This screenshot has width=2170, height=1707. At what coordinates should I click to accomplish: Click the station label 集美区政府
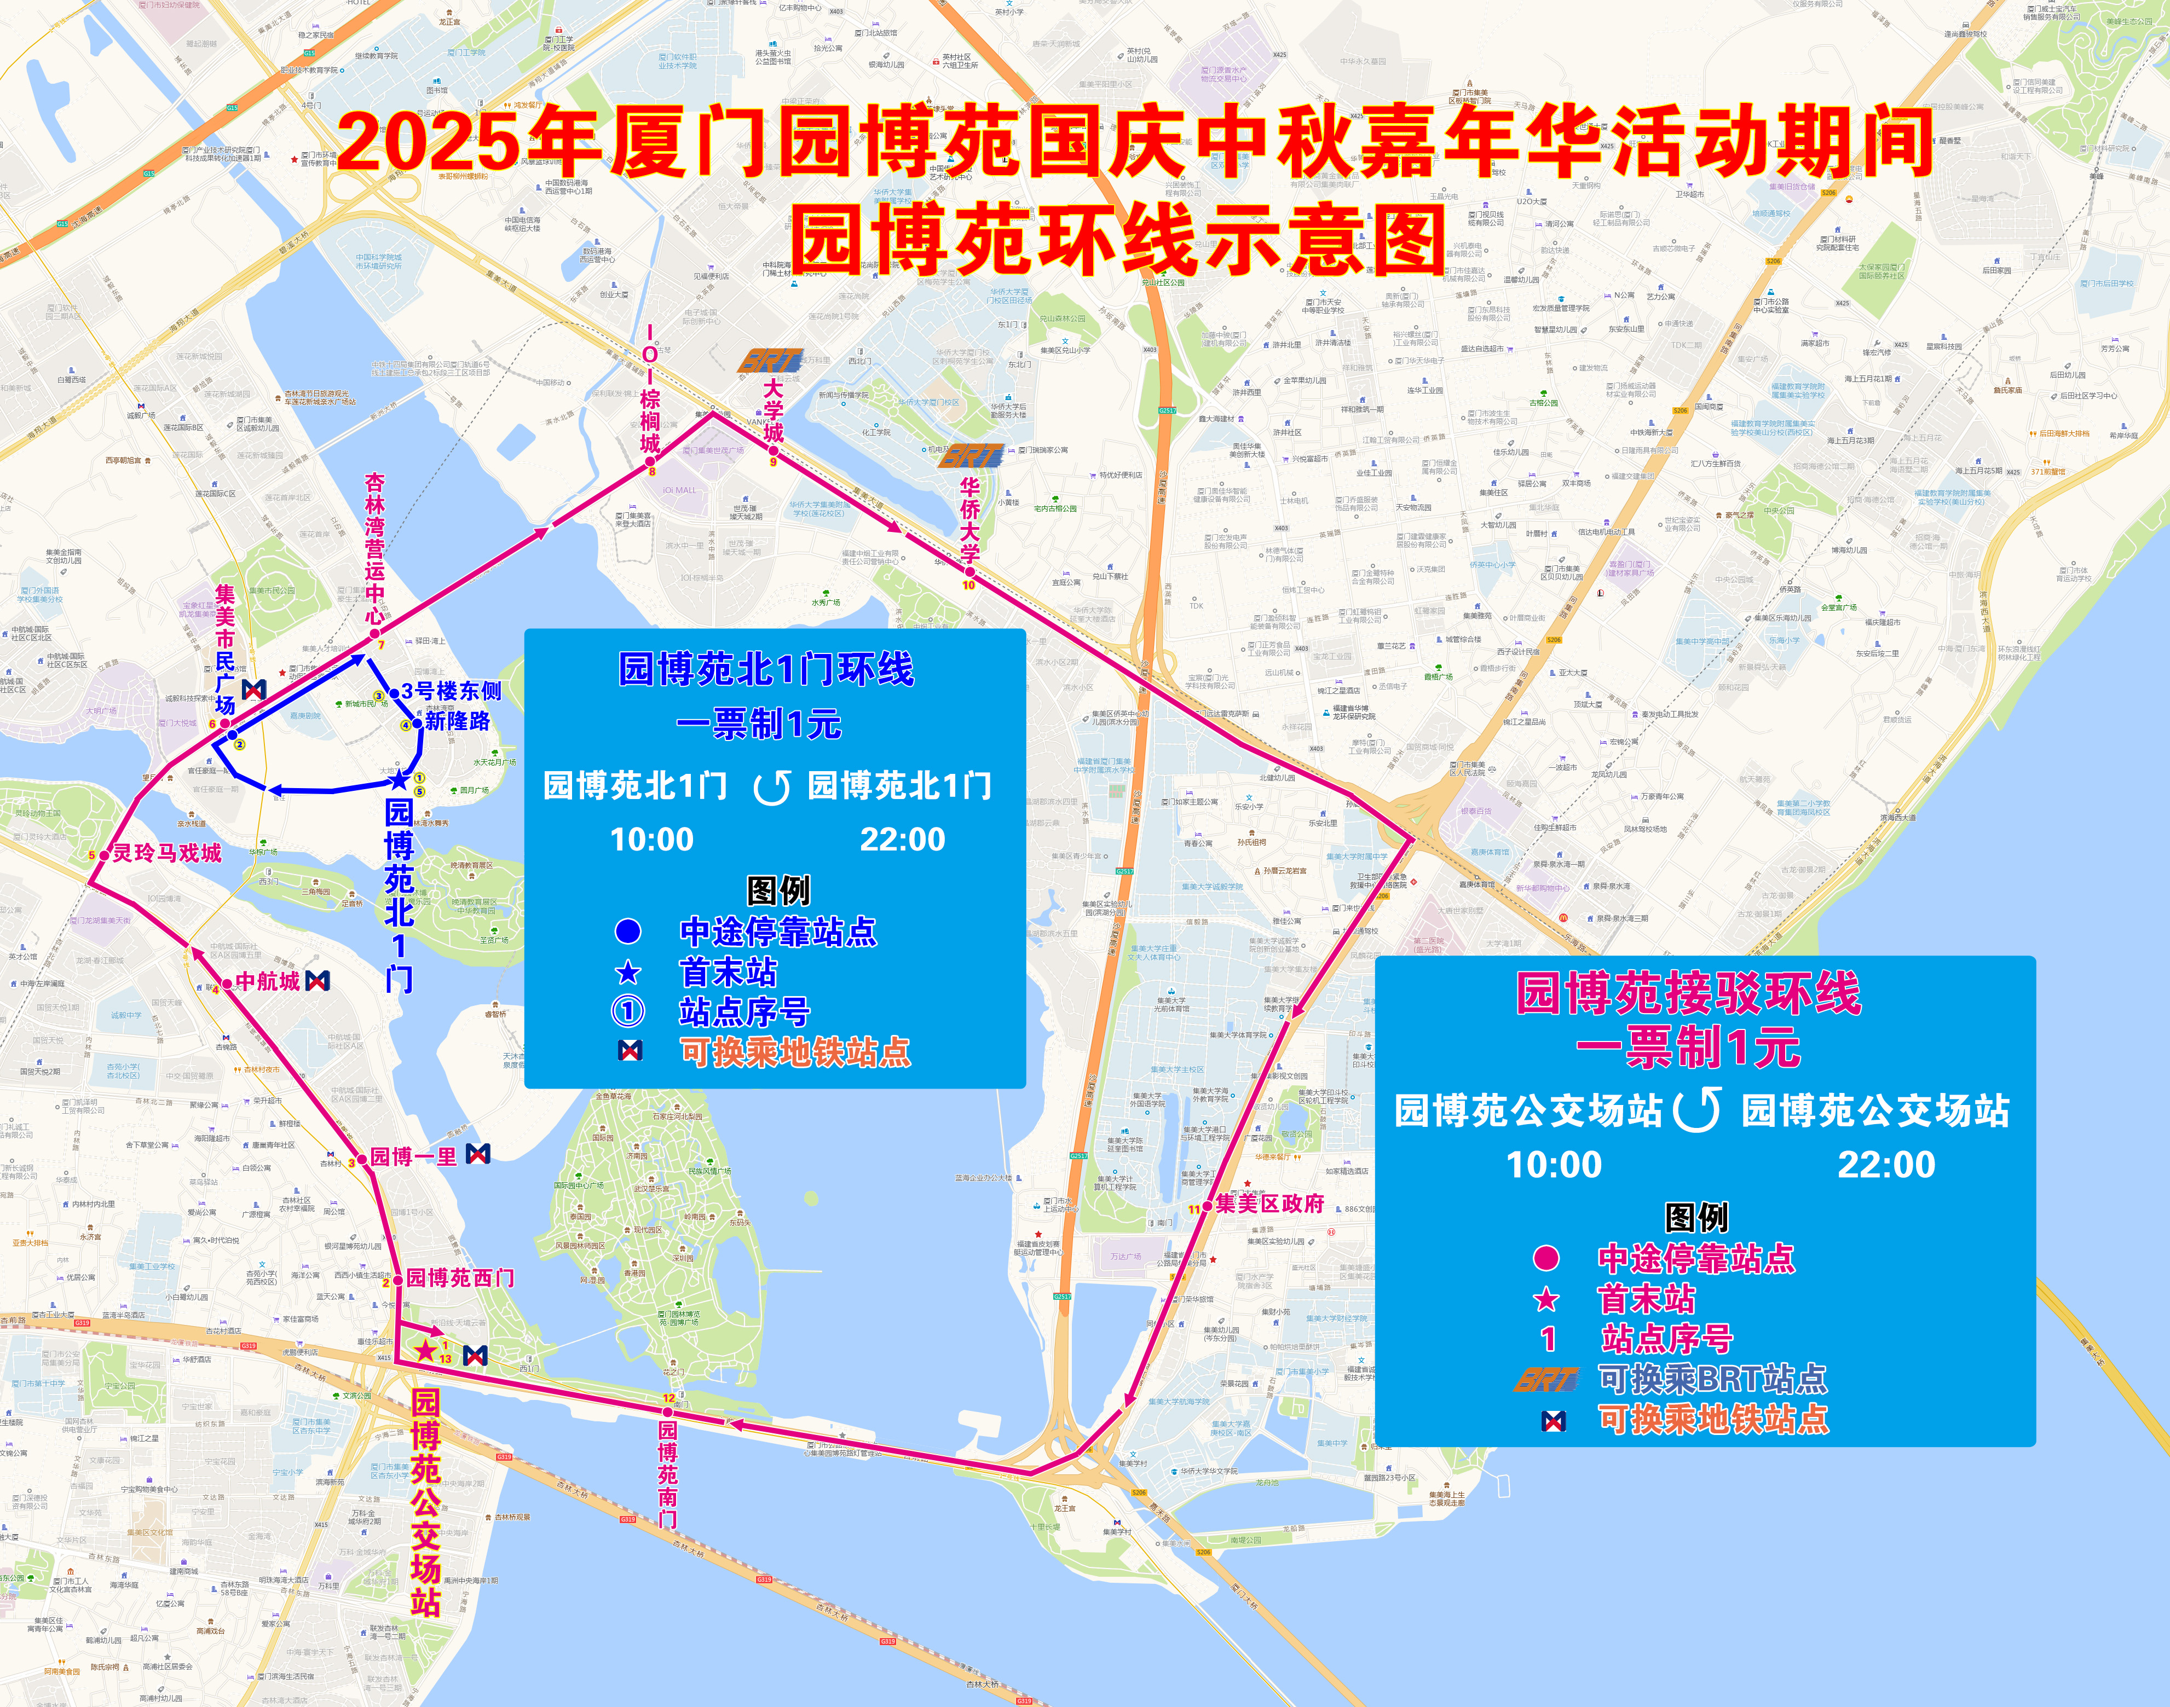coord(1269,1203)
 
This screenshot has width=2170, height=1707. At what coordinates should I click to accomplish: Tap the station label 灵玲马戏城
coord(167,853)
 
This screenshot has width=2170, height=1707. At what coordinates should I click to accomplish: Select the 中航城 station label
coord(267,981)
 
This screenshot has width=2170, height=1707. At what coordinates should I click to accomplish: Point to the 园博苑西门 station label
coord(460,1277)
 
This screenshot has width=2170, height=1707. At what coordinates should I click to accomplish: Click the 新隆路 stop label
coord(458,721)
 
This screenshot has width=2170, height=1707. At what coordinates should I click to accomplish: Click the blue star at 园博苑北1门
coord(399,779)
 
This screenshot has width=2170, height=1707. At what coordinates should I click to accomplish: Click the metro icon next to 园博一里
coord(479,1154)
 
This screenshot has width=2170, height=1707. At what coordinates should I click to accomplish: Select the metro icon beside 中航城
coord(318,981)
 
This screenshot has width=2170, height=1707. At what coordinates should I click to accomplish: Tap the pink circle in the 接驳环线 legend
coord(1546,1257)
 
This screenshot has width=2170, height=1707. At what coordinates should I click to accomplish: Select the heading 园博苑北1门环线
coord(766,669)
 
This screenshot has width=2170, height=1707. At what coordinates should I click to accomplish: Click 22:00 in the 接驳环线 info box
coord(1886,1164)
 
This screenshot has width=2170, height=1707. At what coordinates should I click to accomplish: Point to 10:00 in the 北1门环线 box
coord(651,840)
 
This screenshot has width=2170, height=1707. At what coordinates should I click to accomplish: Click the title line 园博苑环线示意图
coord(1119,240)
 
